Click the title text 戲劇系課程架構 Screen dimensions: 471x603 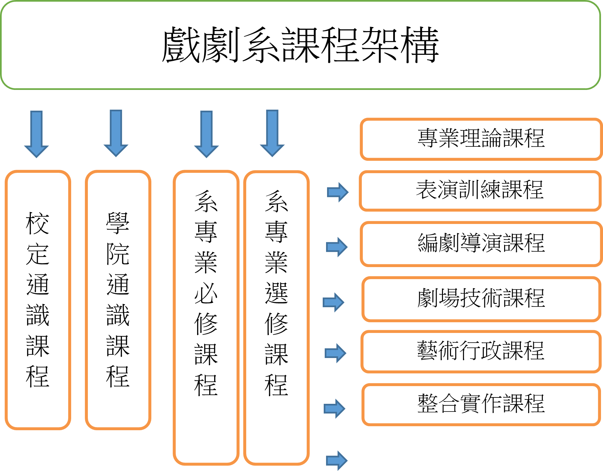tap(300, 45)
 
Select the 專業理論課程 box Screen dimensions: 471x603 tap(481, 139)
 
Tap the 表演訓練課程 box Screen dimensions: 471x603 tap(480, 191)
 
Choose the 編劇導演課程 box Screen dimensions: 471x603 tap(481, 243)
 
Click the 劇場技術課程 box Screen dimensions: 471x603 tap(481, 299)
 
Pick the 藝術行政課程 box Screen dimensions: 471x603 tap(481, 351)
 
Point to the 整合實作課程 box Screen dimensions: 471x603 tap(481, 404)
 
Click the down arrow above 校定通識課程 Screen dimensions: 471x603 tap(36, 134)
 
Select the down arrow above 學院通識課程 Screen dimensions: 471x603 tap(116, 133)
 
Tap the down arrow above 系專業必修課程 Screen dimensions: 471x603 tap(206, 134)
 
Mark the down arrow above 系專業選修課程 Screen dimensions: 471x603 tap(272, 133)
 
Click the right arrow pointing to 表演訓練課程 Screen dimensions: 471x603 tap(338, 192)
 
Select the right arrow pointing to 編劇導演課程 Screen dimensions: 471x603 tap(337, 247)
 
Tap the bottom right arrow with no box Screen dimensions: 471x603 tap(337, 461)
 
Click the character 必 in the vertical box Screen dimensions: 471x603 tap(206, 293)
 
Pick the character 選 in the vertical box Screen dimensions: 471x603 tap(276, 293)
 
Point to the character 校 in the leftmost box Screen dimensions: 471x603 tap(38, 224)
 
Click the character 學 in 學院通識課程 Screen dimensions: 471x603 tap(118, 223)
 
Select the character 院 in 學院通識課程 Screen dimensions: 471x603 tap(118, 254)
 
